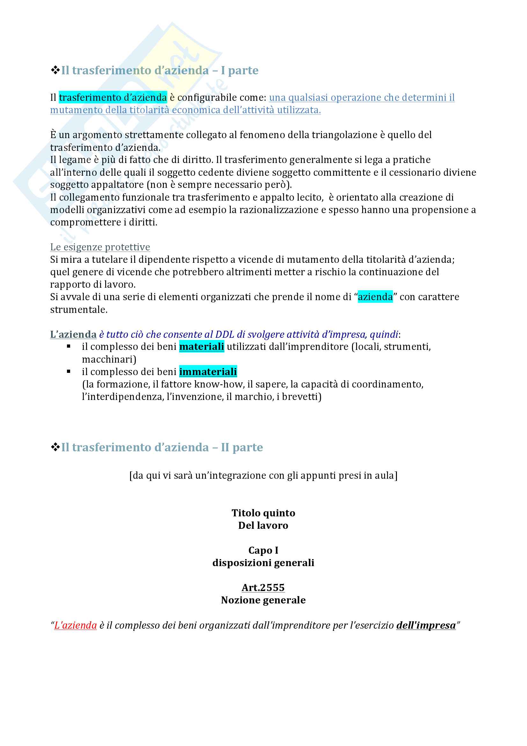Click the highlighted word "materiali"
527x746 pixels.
click(x=201, y=347)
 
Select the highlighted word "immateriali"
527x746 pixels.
click(x=208, y=372)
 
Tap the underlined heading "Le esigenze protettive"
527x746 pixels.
click(x=100, y=247)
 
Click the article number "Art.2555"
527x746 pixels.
click(x=263, y=588)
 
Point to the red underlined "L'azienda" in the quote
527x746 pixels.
click(x=75, y=625)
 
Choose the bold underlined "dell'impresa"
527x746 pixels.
click(x=426, y=625)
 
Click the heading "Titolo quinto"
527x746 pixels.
click(x=263, y=513)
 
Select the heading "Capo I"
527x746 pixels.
click(x=263, y=550)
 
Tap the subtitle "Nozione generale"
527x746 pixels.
click(x=263, y=600)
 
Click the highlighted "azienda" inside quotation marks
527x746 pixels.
click(x=375, y=297)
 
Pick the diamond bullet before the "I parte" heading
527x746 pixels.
click(x=55, y=70)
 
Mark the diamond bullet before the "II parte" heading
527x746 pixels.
click(x=55, y=447)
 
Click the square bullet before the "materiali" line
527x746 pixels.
click(x=69, y=346)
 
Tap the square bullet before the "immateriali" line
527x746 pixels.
click(x=69, y=371)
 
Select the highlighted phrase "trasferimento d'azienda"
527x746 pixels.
click(x=113, y=98)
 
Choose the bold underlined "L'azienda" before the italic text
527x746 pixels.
click(x=73, y=334)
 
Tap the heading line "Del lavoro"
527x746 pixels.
click(x=263, y=525)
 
